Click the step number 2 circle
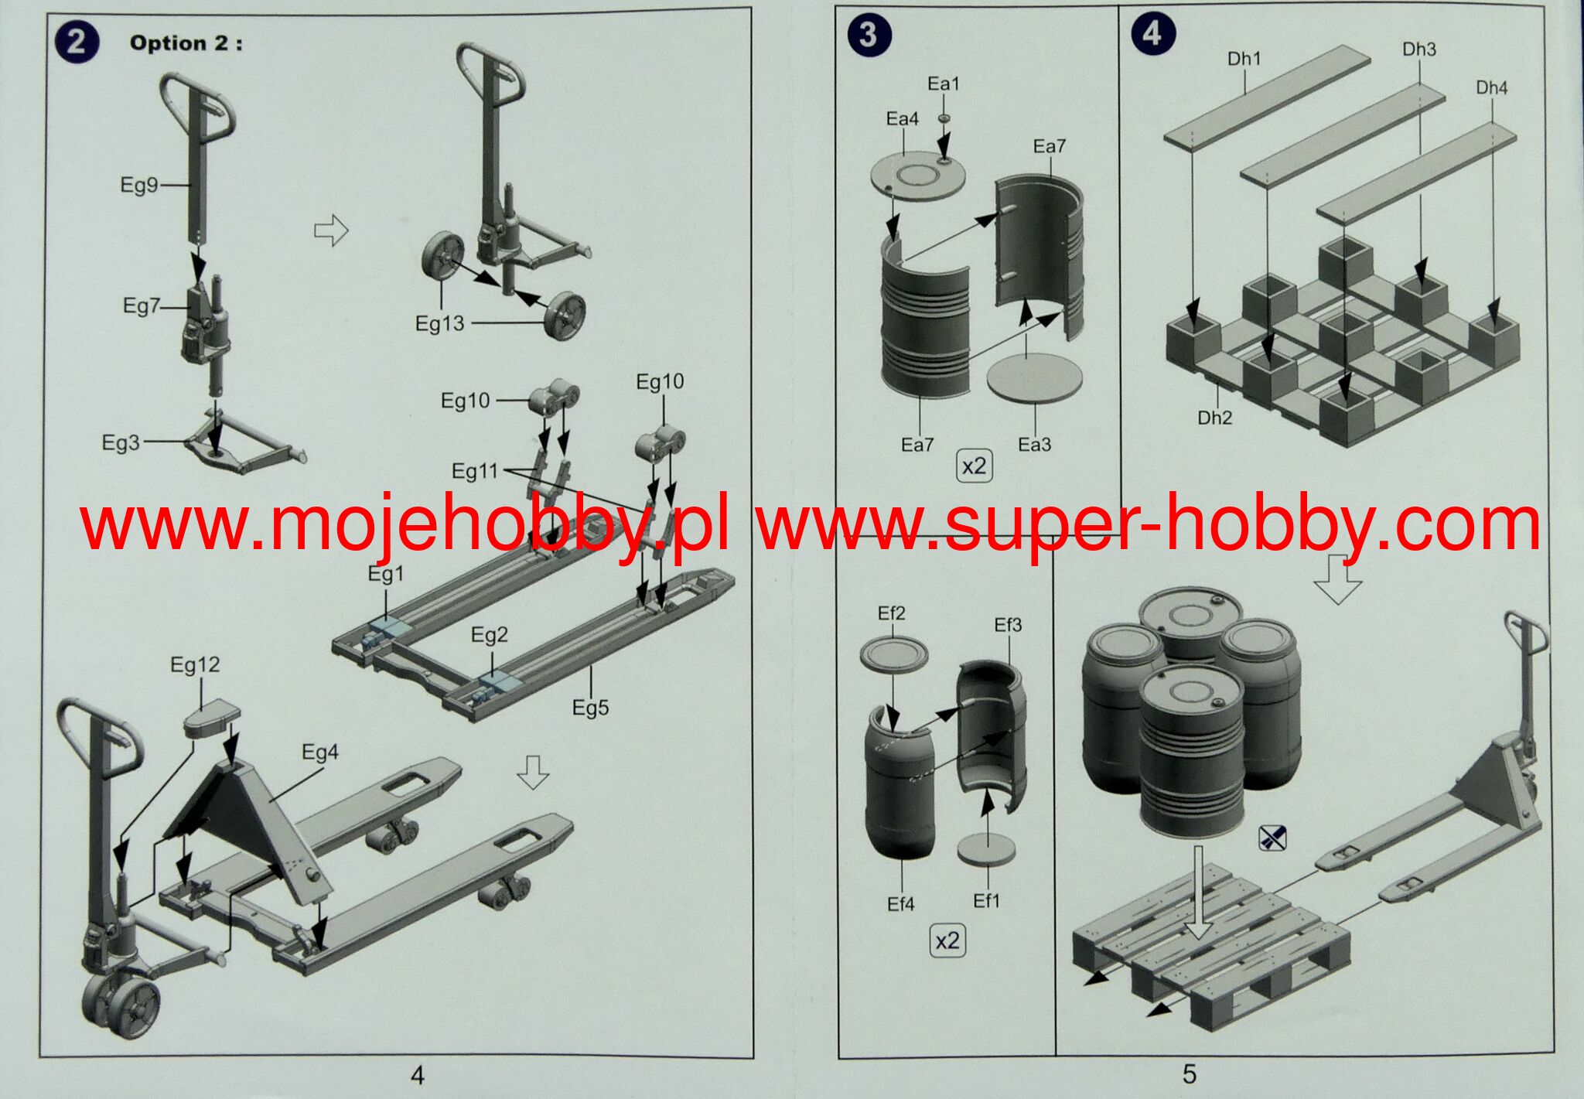click(76, 41)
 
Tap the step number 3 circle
click(869, 35)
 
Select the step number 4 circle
click(1152, 34)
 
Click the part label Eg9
click(138, 185)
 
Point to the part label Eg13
click(439, 323)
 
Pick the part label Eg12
click(195, 665)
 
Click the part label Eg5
click(590, 708)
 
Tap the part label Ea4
click(902, 119)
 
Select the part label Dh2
click(1214, 418)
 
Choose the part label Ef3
click(1008, 625)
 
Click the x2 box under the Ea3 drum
click(974, 466)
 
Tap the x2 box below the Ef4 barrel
click(947, 940)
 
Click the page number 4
click(418, 1075)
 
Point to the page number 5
click(1189, 1073)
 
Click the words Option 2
click(186, 43)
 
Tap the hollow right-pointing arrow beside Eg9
click(331, 230)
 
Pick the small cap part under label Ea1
click(944, 118)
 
